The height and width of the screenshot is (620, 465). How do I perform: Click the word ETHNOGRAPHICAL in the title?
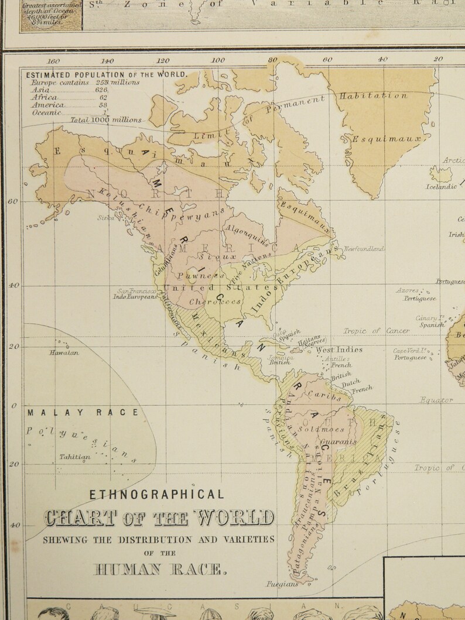tap(156, 494)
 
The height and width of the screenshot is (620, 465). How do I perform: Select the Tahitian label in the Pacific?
tap(74, 457)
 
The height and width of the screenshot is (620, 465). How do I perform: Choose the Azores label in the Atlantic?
tap(407, 290)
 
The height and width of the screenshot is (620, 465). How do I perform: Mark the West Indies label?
tap(339, 350)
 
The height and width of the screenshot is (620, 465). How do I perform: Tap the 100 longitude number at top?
tap(218, 60)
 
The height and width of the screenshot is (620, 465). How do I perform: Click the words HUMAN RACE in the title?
tap(159, 568)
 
